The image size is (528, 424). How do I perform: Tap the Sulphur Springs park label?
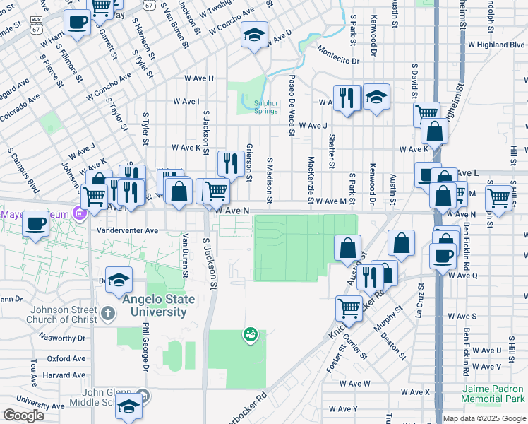[x=266, y=107]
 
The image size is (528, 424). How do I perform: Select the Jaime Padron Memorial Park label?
[x=493, y=394]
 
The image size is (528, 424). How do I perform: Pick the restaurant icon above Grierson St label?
[x=231, y=165]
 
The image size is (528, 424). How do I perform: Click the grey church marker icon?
[x=107, y=312]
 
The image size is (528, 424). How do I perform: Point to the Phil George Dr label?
[x=145, y=348]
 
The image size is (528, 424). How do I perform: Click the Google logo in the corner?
[x=23, y=416]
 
